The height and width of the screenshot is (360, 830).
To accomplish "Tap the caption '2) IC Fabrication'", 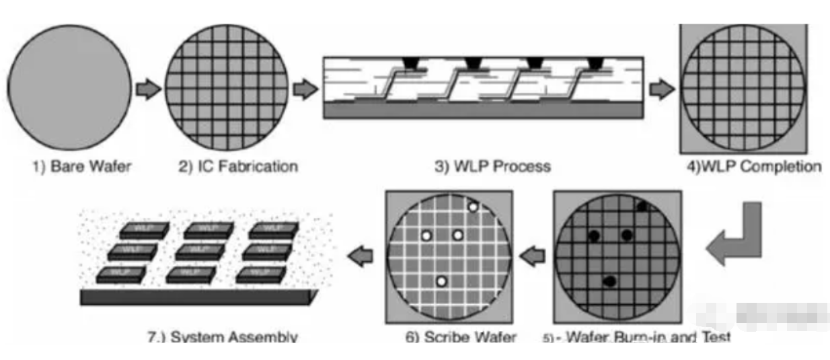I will (x=238, y=166).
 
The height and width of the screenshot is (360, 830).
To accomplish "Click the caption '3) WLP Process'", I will (x=492, y=166).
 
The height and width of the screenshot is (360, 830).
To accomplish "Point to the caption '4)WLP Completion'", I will (x=751, y=166).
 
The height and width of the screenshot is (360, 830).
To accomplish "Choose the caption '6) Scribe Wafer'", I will (x=461, y=336).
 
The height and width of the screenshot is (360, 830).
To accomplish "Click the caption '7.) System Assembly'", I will (x=223, y=336).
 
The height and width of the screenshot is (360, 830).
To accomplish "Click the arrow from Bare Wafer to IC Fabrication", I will (x=149, y=89).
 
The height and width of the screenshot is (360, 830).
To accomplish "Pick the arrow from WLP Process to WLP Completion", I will (x=661, y=89).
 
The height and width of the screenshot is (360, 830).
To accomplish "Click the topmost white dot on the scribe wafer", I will (x=473, y=207).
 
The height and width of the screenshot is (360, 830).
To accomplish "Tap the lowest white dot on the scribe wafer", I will (x=441, y=281).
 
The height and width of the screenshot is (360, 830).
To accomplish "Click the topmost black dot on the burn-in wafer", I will (x=642, y=207).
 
